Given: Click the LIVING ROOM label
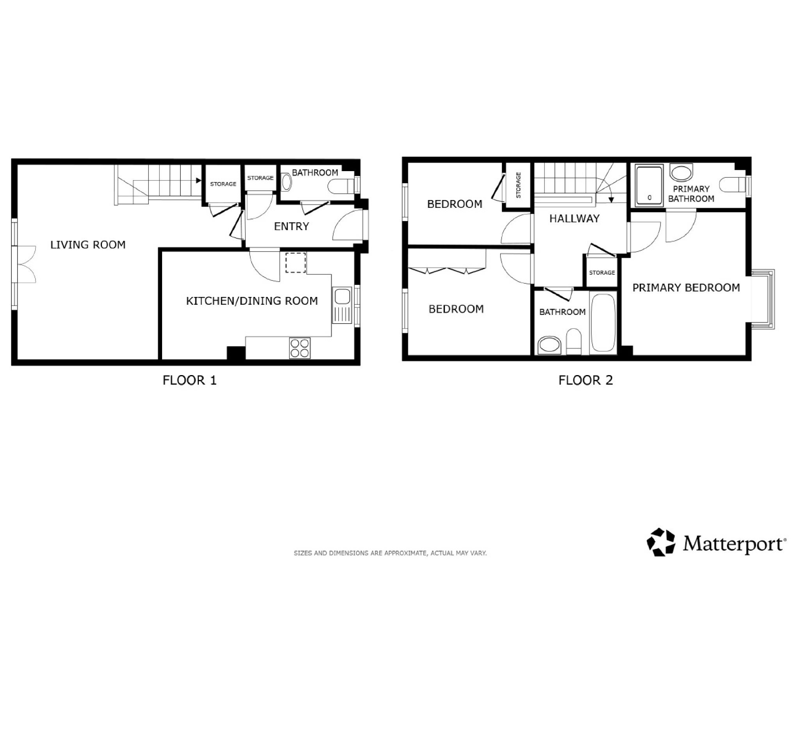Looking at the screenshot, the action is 88,245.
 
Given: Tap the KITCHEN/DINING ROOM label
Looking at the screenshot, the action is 252,301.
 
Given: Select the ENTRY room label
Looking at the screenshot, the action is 291,226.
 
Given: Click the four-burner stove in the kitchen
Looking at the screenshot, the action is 300,348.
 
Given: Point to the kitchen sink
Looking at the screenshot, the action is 342,305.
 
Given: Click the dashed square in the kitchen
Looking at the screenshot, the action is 296,263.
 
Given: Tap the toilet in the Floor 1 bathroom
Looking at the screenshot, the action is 341,185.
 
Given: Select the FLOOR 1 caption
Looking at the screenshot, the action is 189,380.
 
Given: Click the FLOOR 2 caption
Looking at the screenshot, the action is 585,380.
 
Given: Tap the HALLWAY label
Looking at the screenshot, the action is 574,218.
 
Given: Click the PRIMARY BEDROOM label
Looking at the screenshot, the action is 686,288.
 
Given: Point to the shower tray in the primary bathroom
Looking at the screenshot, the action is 649,186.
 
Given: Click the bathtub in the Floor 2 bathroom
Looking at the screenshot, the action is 603,322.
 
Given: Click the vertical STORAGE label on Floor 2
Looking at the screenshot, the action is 518,185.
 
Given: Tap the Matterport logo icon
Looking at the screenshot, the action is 661,542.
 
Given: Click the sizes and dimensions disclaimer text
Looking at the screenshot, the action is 390,553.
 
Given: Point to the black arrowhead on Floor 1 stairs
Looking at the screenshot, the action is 198,181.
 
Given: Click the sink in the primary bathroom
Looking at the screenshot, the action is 681,173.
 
